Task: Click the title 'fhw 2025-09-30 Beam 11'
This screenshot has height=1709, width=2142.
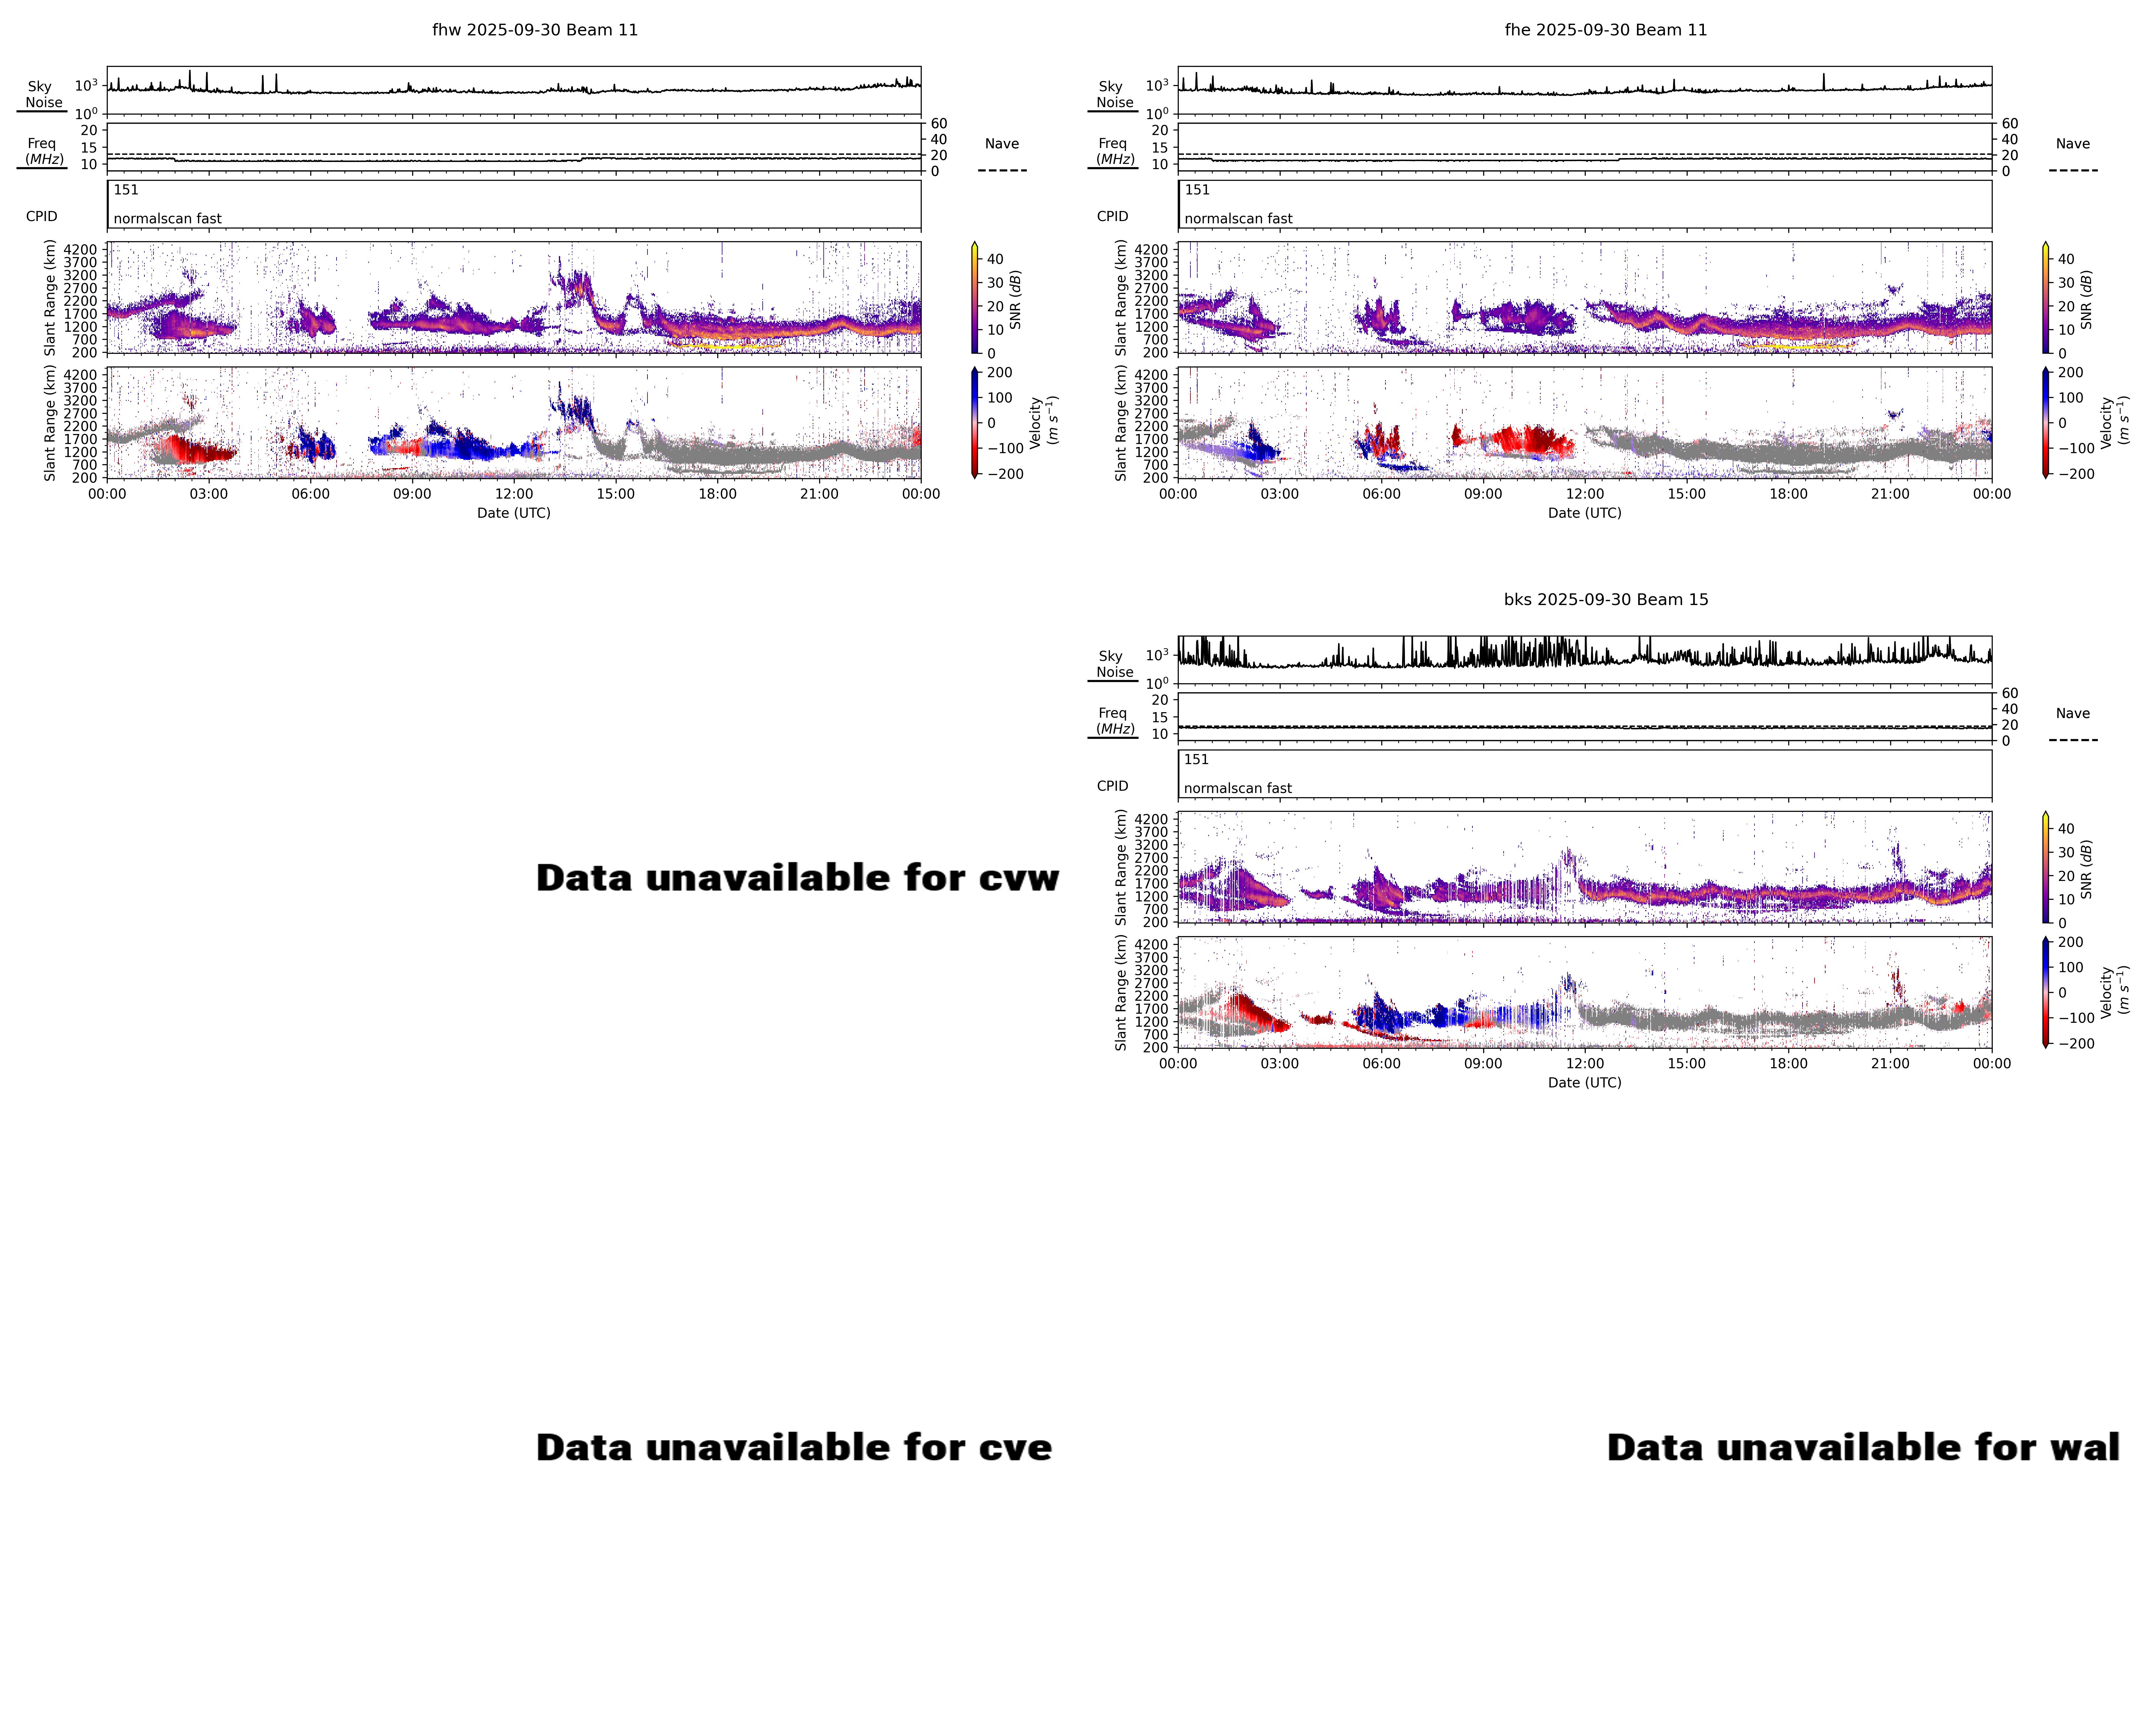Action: click(x=535, y=30)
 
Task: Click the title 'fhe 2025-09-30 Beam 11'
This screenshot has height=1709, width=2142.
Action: click(x=1606, y=30)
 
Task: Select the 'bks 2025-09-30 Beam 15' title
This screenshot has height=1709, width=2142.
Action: click(x=1606, y=599)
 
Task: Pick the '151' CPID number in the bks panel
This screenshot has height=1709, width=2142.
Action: click(x=1196, y=759)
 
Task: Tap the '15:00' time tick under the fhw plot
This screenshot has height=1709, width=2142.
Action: click(x=615, y=494)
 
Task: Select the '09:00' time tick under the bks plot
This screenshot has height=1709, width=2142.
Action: click(x=1482, y=1063)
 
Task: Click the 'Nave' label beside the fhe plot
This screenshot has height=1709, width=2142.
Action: click(x=2073, y=144)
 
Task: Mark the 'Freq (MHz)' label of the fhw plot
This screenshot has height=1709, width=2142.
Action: click(x=43, y=151)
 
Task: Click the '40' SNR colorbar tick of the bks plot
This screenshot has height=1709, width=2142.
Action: click(x=2065, y=829)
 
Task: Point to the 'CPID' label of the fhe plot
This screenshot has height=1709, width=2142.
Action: click(x=1112, y=217)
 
